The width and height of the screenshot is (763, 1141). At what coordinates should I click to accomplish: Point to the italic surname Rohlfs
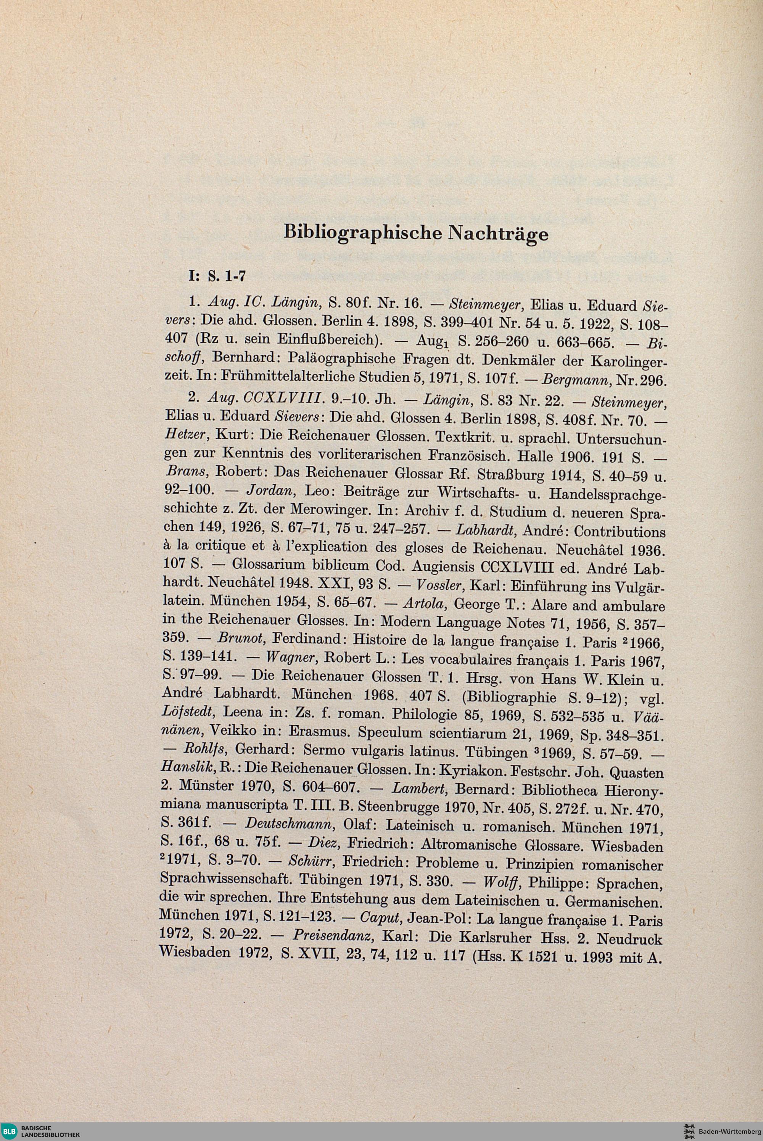(203, 752)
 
